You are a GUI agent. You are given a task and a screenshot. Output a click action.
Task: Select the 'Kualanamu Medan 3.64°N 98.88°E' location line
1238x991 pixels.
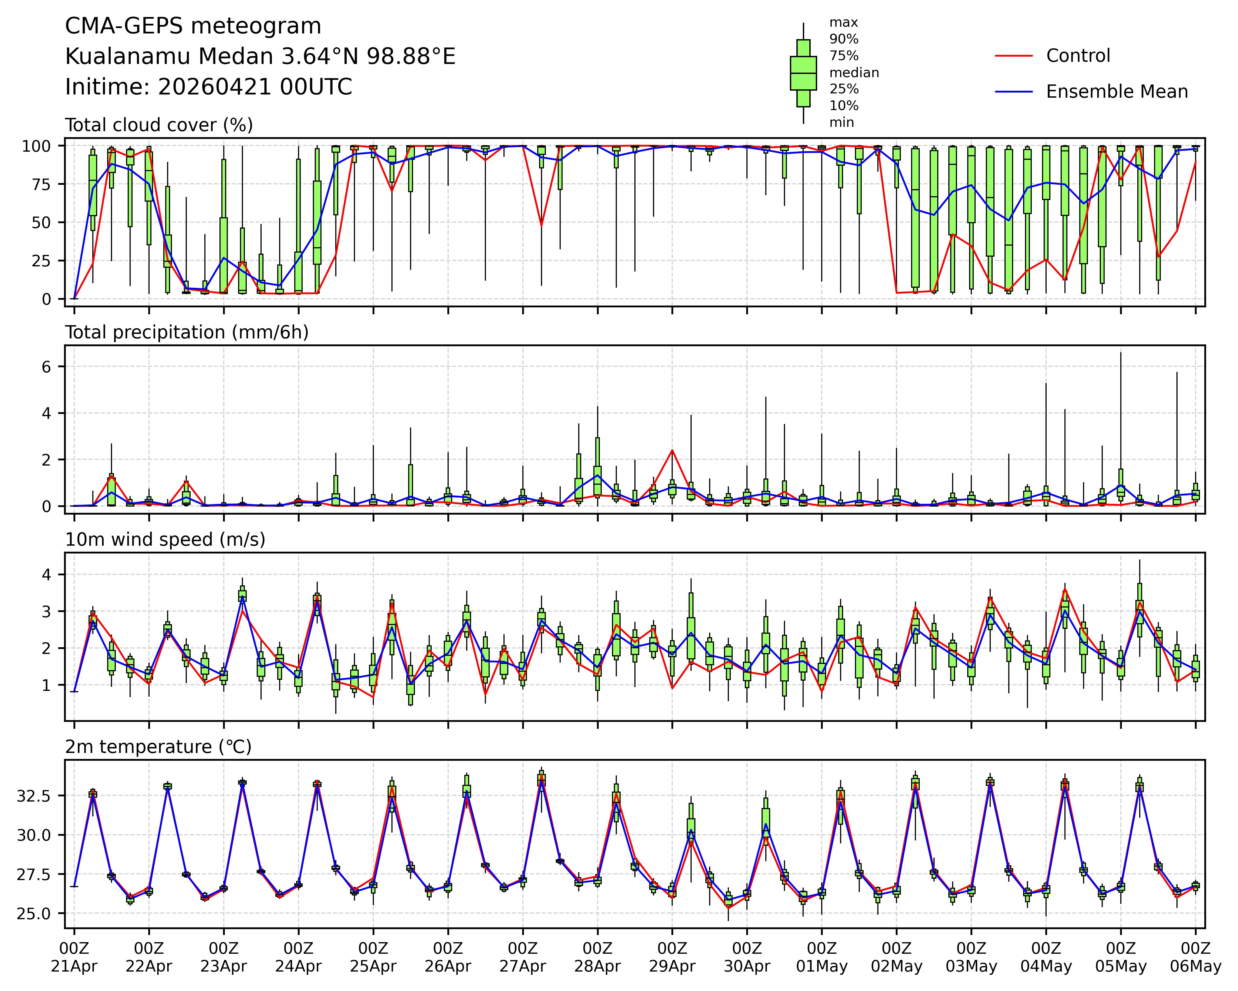[x=260, y=57]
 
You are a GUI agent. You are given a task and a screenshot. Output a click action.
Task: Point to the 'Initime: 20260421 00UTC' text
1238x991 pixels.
[x=208, y=87]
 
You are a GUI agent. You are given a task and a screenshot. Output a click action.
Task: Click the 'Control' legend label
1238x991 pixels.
[x=1078, y=56]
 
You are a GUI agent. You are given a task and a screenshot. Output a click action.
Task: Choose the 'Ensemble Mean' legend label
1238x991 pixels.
[x=1117, y=92]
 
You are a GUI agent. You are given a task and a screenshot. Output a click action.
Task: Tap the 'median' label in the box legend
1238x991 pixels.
[x=854, y=72]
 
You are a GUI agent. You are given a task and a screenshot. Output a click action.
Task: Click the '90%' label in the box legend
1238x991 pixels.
[x=844, y=39]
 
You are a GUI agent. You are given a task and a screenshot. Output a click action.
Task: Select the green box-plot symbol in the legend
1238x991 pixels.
[x=803, y=73]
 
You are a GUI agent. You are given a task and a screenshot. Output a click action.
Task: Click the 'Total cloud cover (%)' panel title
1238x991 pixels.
[x=159, y=125]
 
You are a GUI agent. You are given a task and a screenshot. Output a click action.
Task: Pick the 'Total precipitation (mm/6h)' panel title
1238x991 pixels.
[x=187, y=332]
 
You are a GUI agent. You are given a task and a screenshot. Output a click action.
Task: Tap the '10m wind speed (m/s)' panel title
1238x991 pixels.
[x=165, y=540]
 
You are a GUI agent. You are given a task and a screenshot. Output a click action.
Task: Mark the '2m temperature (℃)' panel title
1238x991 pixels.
[x=158, y=747]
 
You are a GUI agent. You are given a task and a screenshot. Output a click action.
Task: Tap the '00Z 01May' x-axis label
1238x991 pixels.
[x=822, y=957]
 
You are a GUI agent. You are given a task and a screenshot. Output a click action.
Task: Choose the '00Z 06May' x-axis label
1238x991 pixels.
[x=1196, y=957]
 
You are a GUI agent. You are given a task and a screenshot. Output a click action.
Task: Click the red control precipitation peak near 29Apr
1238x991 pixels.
[x=672, y=450]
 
